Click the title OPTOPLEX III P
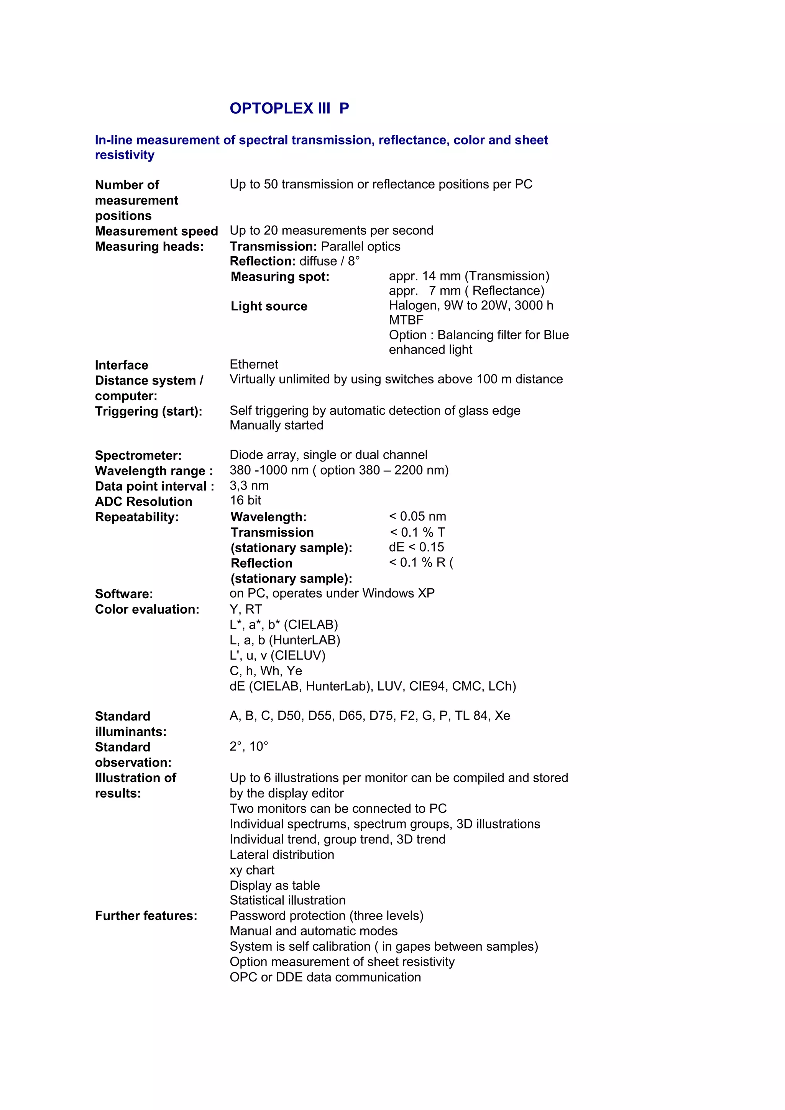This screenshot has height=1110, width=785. pyautogui.click(x=289, y=108)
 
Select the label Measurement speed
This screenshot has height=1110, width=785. pyautogui.click(x=156, y=231)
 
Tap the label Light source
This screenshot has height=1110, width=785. pyautogui.click(x=269, y=306)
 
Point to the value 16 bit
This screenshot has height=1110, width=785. pyautogui.click(x=245, y=500)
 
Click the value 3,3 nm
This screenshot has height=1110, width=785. pyautogui.click(x=249, y=485)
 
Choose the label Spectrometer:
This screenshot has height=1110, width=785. pyautogui.click(x=138, y=455)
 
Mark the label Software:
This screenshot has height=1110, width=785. pyautogui.click(x=124, y=594)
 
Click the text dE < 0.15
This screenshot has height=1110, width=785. pyautogui.click(x=416, y=547)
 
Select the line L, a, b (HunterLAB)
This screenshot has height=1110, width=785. pyautogui.click(x=285, y=640)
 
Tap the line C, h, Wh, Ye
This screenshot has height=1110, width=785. pyautogui.click(x=266, y=671)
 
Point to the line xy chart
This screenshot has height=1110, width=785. pyautogui.click(x=252, y=870)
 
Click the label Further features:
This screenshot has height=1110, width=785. pyautogui.click(x=146, y=916)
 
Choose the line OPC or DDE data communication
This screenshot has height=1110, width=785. pyautogui.click(x=325, y=977)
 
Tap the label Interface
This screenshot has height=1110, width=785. pyautogui.click(x=122, y=365)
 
